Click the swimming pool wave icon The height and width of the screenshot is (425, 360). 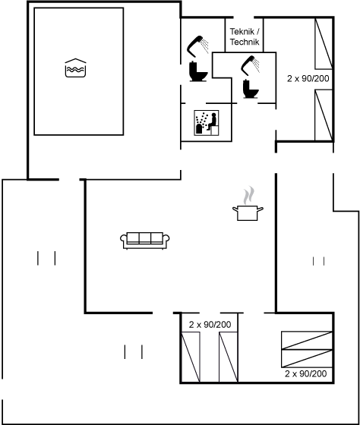tap(75, 68)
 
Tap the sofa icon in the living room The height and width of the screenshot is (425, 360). tap(145, 241)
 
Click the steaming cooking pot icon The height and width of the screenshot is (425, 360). tap(248, 204)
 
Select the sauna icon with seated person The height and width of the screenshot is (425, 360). tap(207, 123)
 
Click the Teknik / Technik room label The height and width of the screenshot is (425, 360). tap(245, 36)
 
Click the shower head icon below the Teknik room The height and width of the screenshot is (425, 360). tap(251, 65)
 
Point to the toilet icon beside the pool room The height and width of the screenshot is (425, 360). tap(198, 72)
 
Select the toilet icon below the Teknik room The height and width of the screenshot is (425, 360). tap(251, 89)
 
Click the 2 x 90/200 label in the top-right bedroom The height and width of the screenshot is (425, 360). tap(308, 79)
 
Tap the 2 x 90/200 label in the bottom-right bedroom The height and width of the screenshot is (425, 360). tap(306, 373)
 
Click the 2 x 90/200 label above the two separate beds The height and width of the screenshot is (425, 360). tap(210, 325)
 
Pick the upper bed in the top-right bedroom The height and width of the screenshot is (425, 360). tap(324, 43)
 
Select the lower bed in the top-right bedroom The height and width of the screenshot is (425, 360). tap(324, 115)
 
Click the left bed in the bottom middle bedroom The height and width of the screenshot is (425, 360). tap(191, 357)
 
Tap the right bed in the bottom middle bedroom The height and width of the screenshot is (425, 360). tap(229, 357)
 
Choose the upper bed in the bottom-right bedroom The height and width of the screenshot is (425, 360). tap(307, 340)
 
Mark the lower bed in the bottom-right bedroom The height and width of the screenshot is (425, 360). tap(307, 358)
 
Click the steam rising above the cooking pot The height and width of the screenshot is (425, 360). tap(249, 195)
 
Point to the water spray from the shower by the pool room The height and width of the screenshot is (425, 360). tap(205, 46)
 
